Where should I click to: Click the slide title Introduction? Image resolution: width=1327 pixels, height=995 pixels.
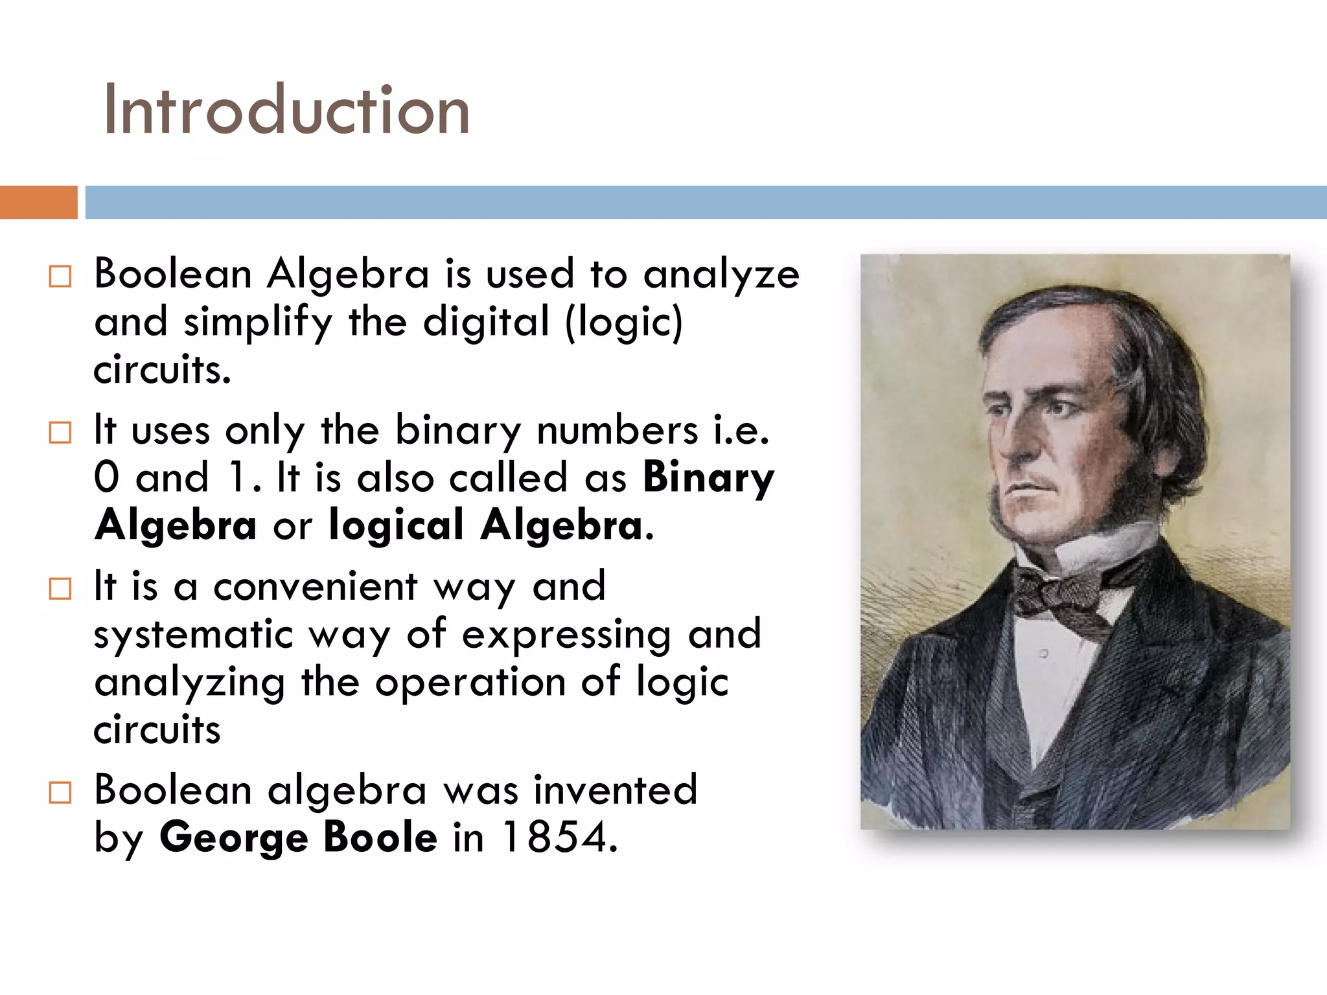(x=286, y=110)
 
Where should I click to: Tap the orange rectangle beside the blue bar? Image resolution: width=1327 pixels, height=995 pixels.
(x=38, y=202)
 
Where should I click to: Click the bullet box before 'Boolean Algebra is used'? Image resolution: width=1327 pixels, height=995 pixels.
(x=60, y=277)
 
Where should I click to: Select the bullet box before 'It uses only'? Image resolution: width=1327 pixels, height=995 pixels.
(x=60, y=432)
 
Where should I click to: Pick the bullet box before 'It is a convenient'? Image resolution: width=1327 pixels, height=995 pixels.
(x=60, y=589)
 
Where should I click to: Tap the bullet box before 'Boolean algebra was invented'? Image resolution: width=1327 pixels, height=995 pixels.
(x=60, y=792)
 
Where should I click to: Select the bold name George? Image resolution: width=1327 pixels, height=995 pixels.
(x=233, y=838)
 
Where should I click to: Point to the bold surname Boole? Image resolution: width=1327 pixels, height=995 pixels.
(x=380, y=837)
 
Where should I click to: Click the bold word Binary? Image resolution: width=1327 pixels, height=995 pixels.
(x=708, y=478)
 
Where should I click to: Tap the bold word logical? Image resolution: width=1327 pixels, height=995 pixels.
(x=396, y=525)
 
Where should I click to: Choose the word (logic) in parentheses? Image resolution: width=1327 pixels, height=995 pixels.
(x=624, y=322)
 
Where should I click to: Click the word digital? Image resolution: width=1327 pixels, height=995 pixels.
(x=486, y=321)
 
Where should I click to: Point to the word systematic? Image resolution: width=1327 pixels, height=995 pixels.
(x=193, y=634)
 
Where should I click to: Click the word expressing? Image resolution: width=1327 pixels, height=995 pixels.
(x=566, y=635)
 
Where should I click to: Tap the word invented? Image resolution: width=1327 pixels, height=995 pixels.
(x=616, y=790)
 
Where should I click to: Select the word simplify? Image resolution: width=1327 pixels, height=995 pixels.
(x=258, y=323)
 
